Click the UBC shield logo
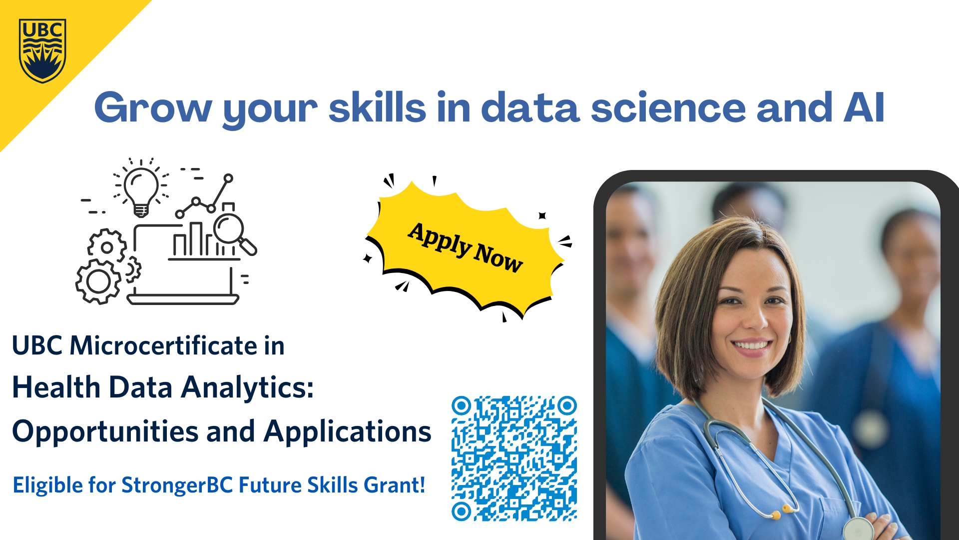click(42, 50)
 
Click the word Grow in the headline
click(153, 107)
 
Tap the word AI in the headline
click(864, 107)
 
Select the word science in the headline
click(668, 107)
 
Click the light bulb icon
click(141, 190)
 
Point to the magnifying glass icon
click(234, 232)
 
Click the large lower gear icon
click(98, 281)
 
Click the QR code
click(514, 458)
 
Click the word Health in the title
click(56, 387)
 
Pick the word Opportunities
click(105, 432)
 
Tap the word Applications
click(348, 432)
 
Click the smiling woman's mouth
click(752, 345)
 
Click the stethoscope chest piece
click(858, 529)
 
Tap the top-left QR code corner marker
click(462, 405)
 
